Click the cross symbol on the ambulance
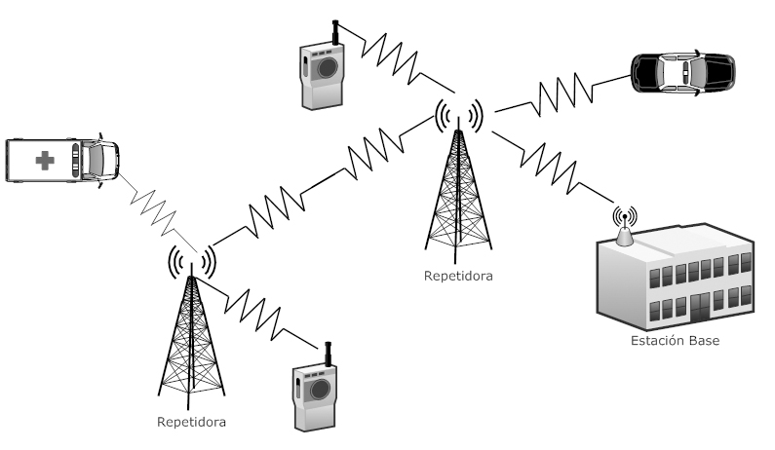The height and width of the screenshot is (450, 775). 45,160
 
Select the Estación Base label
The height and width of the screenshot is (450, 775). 674,342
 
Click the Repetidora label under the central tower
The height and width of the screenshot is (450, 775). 458,276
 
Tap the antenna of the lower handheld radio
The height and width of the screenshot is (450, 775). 328,353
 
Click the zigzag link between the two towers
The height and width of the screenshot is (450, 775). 323,184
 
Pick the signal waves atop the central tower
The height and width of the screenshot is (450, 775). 459,115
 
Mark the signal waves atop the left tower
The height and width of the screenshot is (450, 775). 191,260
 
